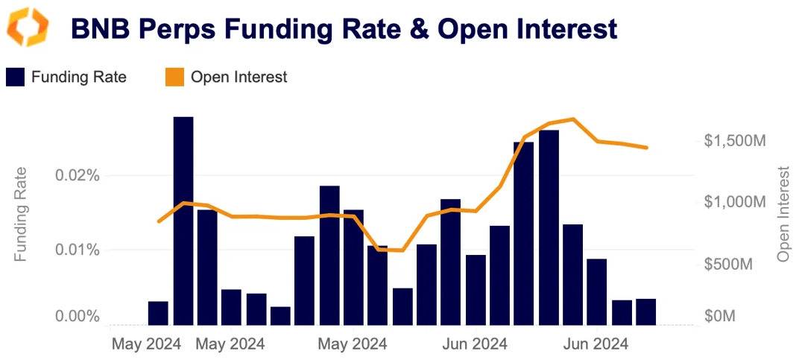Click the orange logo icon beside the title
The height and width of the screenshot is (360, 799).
tap(28, 28)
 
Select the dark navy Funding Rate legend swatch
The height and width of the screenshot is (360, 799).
tap(15, 77)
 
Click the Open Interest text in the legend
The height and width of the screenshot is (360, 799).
tap(239, 77)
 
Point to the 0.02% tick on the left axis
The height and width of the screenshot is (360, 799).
tap(78, 176)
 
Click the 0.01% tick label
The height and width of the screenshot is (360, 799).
tap(78, 249)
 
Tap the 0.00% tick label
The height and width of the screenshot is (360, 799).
tap(78, 317)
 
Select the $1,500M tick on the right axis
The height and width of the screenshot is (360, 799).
tap(735, 141)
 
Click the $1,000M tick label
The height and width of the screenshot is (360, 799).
tap(735, 202)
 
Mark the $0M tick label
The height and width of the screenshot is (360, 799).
tap(720, 317)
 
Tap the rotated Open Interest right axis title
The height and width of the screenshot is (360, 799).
tap(783, 214)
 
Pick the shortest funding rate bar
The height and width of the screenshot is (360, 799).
tap(280, 316)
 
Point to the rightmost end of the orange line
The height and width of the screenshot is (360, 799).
tap(646, 148)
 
